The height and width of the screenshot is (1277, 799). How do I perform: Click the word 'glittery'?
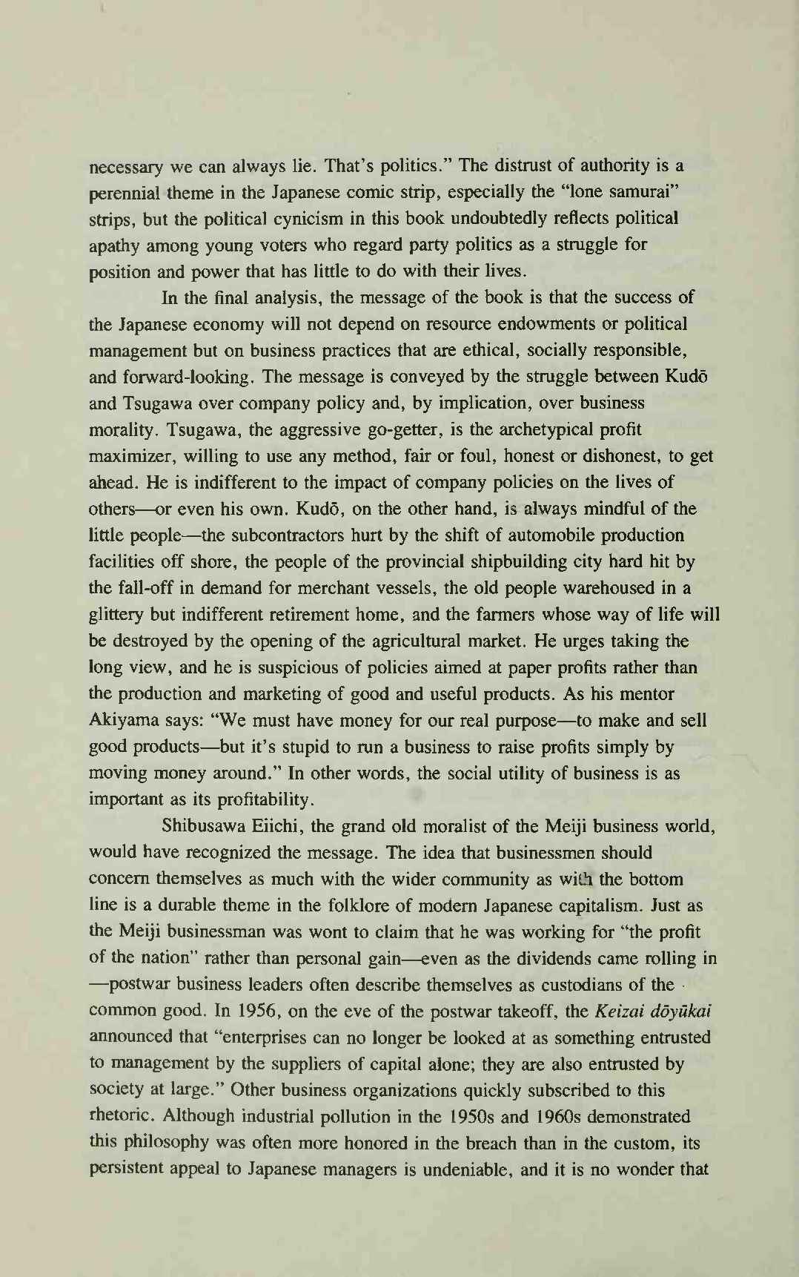coord(116,615)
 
